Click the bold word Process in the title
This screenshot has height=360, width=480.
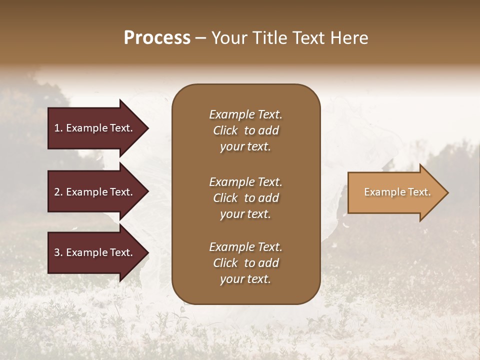[x=157, y=38]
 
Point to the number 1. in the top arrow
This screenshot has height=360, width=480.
[x=58, y=128]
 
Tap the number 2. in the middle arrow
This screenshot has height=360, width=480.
[x=58, y=192]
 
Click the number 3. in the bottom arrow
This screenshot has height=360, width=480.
[x=58, y=252]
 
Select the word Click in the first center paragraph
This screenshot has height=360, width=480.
[x=225, y=130]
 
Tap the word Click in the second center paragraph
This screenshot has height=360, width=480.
[x=225, y=198]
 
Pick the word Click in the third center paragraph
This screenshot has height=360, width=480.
[x=225, y=263]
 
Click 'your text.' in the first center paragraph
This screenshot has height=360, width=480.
[x=245, y=147]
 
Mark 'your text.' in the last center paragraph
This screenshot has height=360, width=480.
[x=245, y=279]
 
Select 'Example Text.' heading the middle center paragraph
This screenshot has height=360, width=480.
[x=245, y=182]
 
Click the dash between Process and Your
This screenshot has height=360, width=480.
[x=201, y=38]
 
